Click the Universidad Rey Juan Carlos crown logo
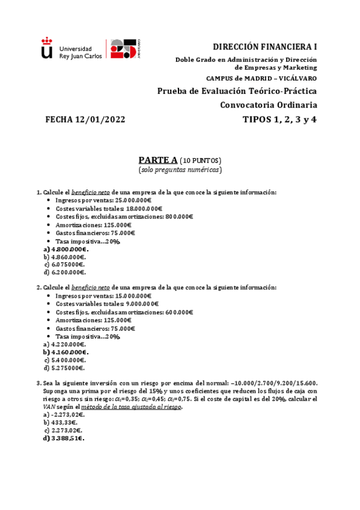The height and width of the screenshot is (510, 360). click(x=46, y=48)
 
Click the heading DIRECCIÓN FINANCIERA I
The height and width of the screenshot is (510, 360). click(x=266, y=47)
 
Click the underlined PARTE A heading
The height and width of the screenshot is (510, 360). click(x=158, y=160)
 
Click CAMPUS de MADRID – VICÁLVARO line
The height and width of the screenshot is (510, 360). click(x=261, y=79)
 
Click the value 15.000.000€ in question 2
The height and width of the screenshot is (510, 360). click(x=133, y=296)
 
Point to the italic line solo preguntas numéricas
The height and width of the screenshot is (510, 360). click(x=180, y=170)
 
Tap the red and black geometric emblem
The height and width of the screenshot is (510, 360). click(x=125, y=49)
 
